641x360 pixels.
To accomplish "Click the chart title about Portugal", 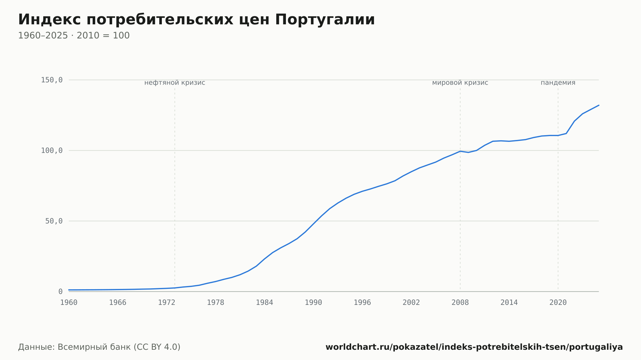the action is pyautogui.click(x=196, y=20).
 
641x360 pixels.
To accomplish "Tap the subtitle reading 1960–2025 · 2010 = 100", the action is pyautogui.click(x=74, y=36).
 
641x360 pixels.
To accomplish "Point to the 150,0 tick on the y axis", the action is pyautogui.click(x=52, y=80).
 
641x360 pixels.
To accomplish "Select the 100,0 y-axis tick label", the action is pyautogui.click(x=52, y=151).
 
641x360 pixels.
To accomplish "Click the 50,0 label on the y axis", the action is pyautogui.click(x=54, y=221).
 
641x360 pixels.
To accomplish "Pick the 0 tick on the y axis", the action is pyautogui.click(x=60, y=292).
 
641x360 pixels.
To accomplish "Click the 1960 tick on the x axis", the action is pyautogui.click(x=69, y=303).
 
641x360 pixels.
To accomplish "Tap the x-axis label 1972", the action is pyautogui.click(x=167, y=303).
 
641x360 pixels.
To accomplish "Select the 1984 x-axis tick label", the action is pyautogui.click(x=264, y=303).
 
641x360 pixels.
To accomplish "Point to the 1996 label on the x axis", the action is pyautogui.click(x=362, y=303).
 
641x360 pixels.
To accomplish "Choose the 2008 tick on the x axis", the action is pyautogui.click(x=460, y=303).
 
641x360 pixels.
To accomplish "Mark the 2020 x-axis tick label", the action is pyautogui.click(x=558, y=303).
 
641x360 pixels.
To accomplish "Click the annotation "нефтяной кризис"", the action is pyautogui.click(x=175, y=83).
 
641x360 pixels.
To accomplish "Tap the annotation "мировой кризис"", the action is pyautogui.click(x=460, y=83).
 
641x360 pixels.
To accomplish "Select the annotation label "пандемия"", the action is pyautogui.click(x=558, y=83).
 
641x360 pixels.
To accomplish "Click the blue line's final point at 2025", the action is pyautogui.click(x=599, y=105).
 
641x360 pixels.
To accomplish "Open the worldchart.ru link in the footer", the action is pyautogui.click(x=474, y=347).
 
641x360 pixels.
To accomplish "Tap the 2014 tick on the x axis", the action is pyautogui.click(x=509, y=303).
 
